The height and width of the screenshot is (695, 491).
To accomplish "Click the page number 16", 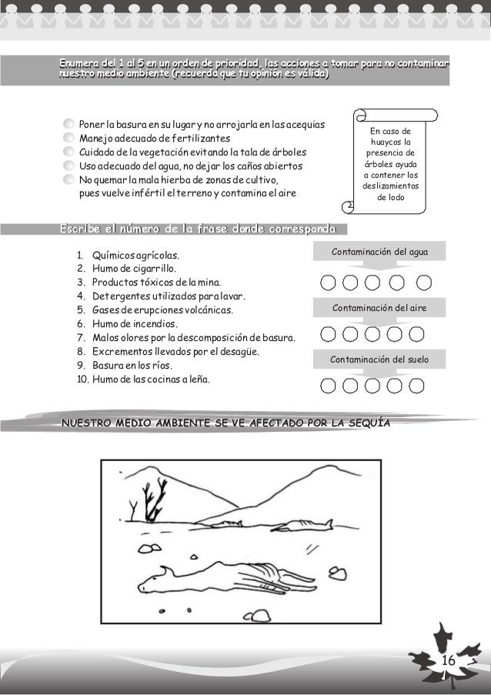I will tap(449, 663).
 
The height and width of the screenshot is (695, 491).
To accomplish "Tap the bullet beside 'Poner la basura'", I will tap(70, 125).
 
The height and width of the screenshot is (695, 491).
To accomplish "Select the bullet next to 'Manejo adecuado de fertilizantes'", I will tap(70, 139).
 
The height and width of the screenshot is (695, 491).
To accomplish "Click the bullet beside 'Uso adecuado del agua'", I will tap(70, 166).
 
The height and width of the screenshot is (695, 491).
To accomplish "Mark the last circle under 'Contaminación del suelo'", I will tap(418, 386).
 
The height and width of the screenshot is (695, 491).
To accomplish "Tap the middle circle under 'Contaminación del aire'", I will tap(373, 334).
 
